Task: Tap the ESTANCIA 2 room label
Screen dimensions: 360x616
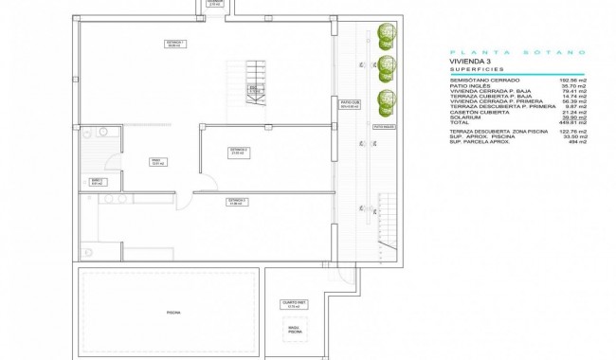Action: (239, 151)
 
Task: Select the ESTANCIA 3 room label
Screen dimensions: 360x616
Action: (237, 202)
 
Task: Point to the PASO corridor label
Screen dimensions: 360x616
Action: (153, 161)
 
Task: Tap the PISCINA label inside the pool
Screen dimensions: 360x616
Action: (173, 312)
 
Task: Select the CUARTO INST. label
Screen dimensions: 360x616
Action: (291, 305)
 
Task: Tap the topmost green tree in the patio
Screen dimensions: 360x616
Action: (385, 36)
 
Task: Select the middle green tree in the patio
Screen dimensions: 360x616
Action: (385, 68)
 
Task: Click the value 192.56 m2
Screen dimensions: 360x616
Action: (572, 81)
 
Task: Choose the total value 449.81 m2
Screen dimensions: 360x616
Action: (571, 121)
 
